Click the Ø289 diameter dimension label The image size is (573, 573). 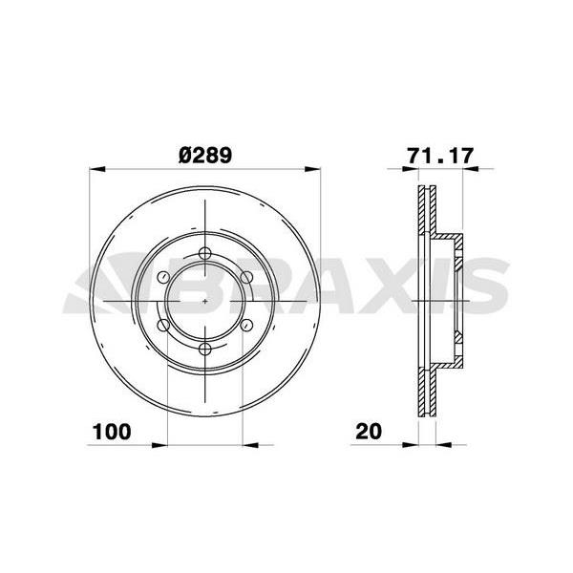point(205,156)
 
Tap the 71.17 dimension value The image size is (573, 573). point(440,156)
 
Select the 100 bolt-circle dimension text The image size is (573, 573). point(112,432)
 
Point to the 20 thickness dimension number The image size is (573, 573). point(369,432)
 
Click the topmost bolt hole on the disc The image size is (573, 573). point(205,253)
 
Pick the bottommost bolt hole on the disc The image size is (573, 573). point(205,349)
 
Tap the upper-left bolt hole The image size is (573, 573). point(163,277)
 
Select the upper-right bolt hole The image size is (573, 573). point(246,277)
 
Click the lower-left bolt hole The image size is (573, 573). point(163,325)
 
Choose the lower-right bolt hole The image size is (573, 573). point(247,325)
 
